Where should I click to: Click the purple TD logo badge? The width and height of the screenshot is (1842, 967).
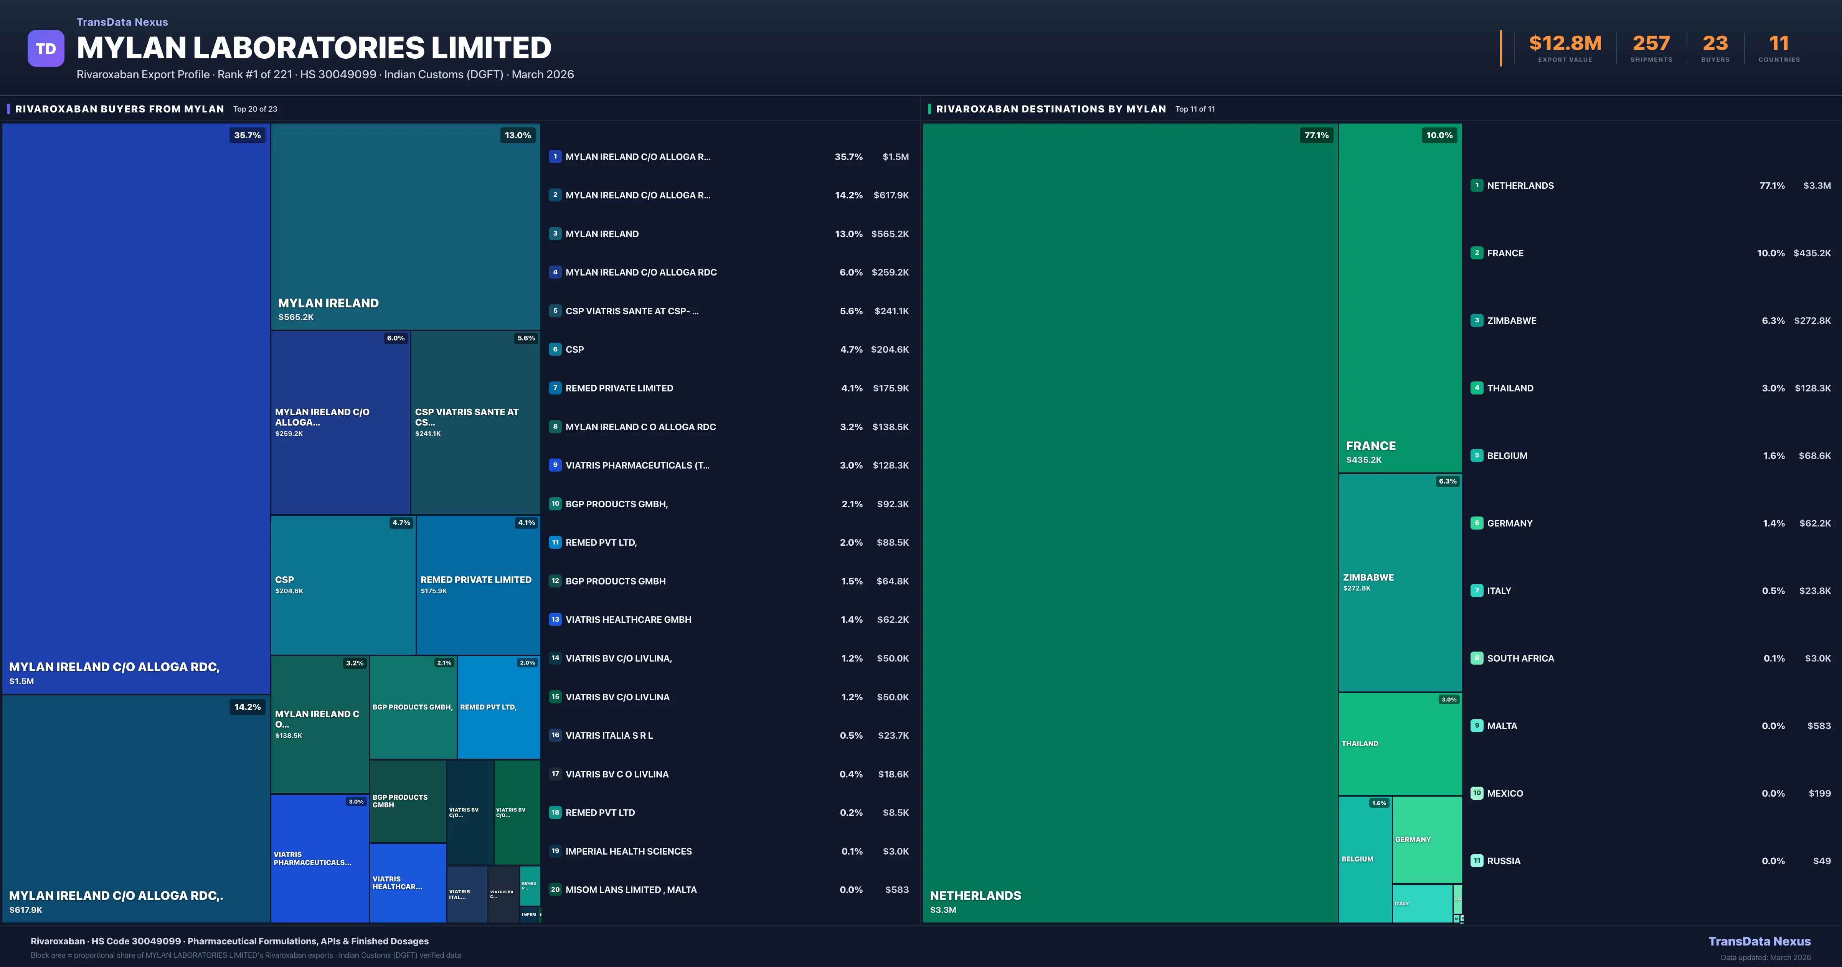coord(46,49)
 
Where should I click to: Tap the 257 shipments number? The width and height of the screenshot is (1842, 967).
coord(1651,44)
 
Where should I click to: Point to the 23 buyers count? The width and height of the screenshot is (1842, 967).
coord(1715,44)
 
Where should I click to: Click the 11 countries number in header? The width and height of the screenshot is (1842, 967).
coord(1778,44)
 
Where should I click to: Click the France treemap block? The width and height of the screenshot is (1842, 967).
coord(1400,297)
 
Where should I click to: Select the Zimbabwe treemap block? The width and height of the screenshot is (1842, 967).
coord(1400,583)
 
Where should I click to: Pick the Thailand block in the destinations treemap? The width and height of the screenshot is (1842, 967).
coord(1400,744)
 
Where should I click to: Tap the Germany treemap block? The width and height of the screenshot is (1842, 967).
coord(1426,839)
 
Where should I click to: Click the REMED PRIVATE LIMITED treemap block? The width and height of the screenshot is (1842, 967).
coord(478,584)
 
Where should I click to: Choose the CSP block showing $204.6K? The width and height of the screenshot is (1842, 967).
coord(343,584)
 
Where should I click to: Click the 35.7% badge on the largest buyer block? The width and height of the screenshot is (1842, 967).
coord(248,135)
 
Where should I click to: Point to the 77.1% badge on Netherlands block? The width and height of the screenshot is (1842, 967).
coord(1316,135)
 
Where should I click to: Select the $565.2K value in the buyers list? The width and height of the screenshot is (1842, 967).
coord(890,234)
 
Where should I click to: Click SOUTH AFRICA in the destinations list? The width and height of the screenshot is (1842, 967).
coord(1520,658)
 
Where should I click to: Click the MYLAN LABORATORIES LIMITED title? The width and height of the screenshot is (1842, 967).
coord(314,48)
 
